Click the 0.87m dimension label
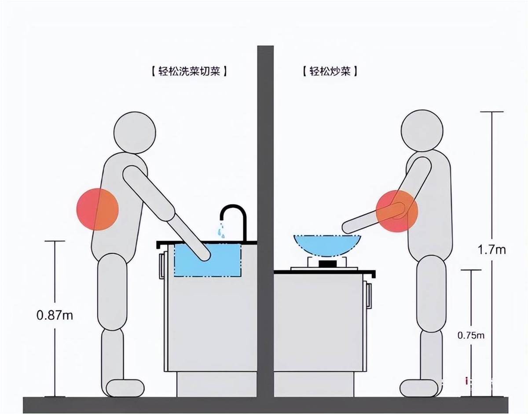click(55, 315)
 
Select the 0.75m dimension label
click(471, 336)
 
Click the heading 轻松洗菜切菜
click(189, 71)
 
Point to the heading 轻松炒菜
click(330, 71)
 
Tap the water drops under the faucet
click(222, 231)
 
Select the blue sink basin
click(208, 260)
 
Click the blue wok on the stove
click(327, 245)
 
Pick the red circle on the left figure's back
click(98, 209)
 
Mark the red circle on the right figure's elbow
click(397, 211)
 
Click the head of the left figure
click(135, 133)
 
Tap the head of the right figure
click(422, 131)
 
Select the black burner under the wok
click(328, 264)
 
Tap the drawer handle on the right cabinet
click(369, 296)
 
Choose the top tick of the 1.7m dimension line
click(492, 111)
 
